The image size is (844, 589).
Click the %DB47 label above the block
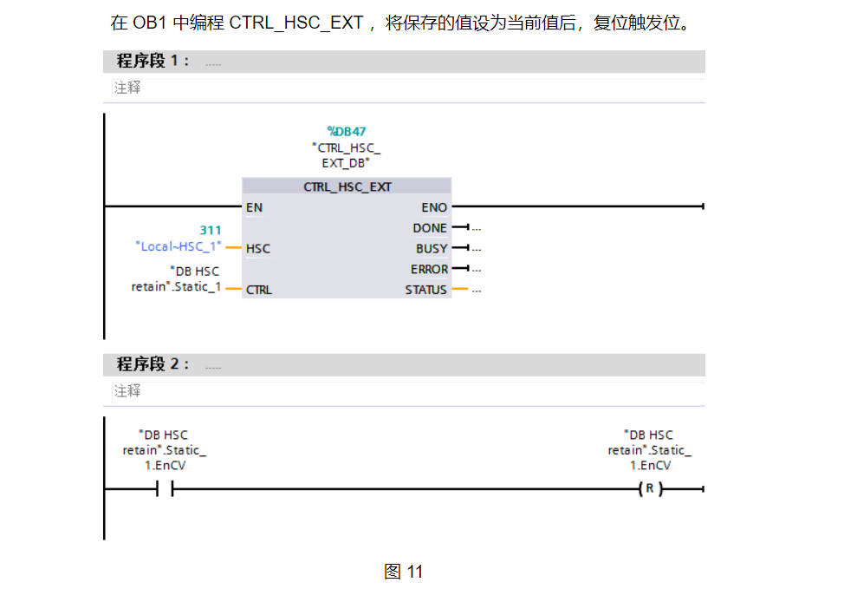coord(346,132)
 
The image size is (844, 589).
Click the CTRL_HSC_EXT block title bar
coord(347,187)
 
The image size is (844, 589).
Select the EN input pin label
coord(254,207)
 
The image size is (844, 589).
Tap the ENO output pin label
coord(434,207)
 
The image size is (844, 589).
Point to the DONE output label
coord(431,228)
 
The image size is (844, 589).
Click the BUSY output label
coord(432,248)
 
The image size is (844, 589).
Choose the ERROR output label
coord(429,269)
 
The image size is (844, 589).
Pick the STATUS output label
coord(426,290)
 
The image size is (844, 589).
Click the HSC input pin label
coord(258,248)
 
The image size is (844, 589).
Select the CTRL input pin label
coord(259,290)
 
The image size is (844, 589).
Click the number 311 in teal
coord(211,230)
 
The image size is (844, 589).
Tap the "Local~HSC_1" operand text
coord(179,246)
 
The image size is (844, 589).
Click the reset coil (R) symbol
coord(649,489)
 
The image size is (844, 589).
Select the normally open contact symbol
coord(165,489)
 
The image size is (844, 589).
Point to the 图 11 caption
coord(403,572)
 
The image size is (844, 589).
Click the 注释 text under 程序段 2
coord(127,391)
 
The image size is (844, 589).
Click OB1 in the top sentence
coord(150,23)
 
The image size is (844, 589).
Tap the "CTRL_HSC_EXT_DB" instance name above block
coord(346,155)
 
